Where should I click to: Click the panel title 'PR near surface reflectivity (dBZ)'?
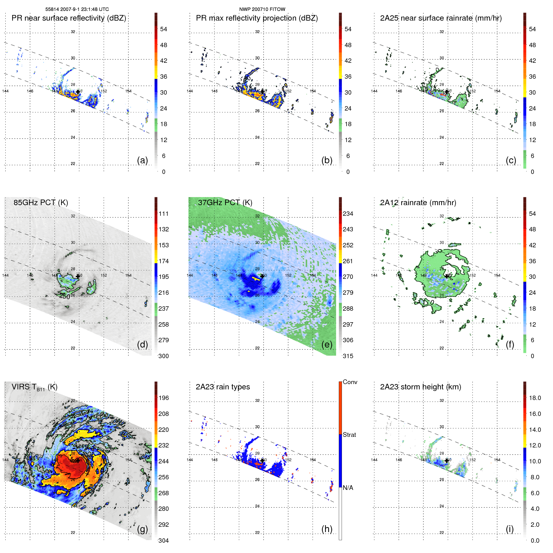click(69, 18)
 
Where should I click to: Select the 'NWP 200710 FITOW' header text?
click(262, 9)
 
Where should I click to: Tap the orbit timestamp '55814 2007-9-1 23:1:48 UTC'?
click(77, 9)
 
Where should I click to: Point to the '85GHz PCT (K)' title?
click(41, 202)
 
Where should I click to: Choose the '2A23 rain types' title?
click(223, 387)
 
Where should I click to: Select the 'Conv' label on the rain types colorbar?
click(350, 382)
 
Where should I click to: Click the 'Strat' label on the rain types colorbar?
click(349, 435)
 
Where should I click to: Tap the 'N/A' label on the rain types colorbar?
click(348, 488)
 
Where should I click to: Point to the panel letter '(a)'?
click(142, 160)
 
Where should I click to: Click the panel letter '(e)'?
click(327, 344)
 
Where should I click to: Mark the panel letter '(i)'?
click(510, 529)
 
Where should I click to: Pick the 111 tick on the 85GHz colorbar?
click(164, 214)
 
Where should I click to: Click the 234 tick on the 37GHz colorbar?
click(348, 214)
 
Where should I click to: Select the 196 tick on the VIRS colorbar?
click(164, 398)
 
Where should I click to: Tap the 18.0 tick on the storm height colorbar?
click(535, 398)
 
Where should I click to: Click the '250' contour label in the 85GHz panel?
click(65, 296)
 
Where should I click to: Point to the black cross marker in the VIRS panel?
click(78, 460)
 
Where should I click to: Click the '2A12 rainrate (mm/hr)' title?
click(418, 202)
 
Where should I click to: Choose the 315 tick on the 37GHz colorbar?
click(348, 356)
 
